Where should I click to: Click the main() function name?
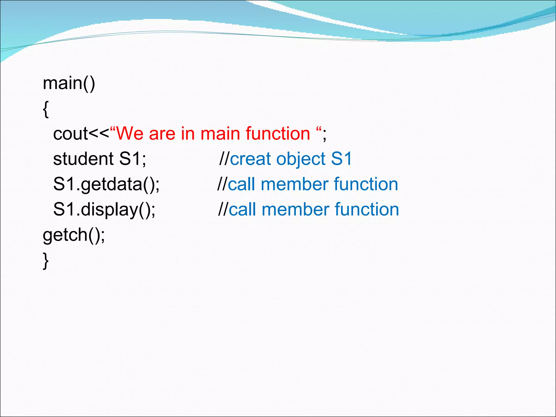(x=69, y=83)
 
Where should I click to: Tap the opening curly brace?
(x=46, y=109)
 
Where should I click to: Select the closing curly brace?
(x=46, y=261)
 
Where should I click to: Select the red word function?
(x=278, y=134)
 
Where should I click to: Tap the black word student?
(x=83, y=159)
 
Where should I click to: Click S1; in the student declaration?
(x=132, y=159)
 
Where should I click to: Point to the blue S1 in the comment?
(x=341, y=159)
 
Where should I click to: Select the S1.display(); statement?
(x=104, y=210)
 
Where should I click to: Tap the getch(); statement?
(x=74, y=235)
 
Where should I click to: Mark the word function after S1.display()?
(x=367, y=210)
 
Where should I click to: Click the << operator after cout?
(x=99, y=134)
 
